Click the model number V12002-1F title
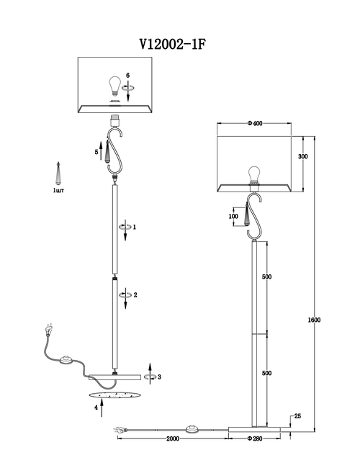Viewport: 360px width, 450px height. (173, 45)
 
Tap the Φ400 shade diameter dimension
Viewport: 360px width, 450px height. (255, 123)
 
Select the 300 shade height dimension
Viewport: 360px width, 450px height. (303, 156)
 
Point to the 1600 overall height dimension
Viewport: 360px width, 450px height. (314, 320)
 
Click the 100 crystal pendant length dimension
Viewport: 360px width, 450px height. (233, 217)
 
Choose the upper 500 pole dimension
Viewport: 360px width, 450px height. (266, 276)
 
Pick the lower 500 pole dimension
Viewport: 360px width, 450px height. (266, 373)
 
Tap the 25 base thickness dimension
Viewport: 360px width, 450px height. (297, 416)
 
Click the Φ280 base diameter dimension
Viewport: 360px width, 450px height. (255, 438)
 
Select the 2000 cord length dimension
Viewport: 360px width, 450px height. (173, 438)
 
